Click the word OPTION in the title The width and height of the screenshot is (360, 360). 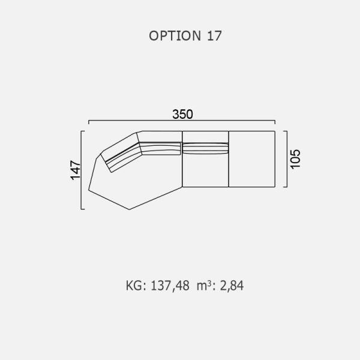pos(175,36)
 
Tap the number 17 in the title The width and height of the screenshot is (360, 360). pos(214,36)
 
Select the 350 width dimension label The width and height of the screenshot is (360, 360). pos(182,115)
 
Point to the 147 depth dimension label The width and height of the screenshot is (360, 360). pos(76,170)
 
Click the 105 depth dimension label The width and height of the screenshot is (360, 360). pos(295,159)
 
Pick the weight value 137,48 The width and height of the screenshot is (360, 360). pos(170,286)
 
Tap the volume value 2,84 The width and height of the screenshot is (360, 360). pos(232,286)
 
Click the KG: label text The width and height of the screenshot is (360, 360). pos(136,286)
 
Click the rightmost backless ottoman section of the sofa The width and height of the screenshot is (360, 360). pos(252,159)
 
